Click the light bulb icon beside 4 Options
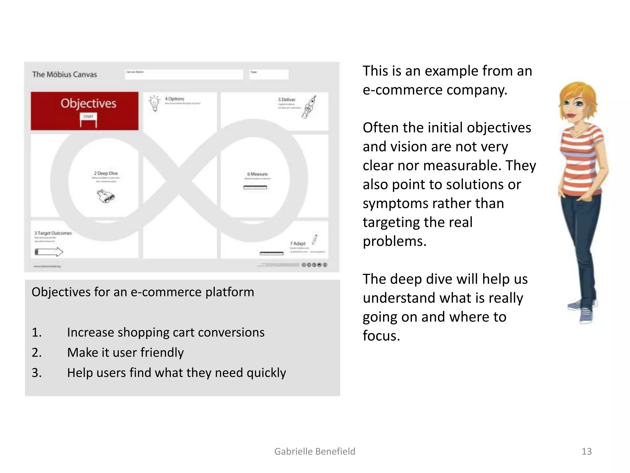click(x=154, y=103)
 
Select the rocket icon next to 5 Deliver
click(x=310, y=107)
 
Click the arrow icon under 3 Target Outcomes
click(x=49, y=252)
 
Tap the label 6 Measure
click(x=257, y=174)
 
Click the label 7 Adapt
click(x=298, y=243)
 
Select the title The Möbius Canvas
click(x=65, y=75)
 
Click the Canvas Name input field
click(x=184, y=74)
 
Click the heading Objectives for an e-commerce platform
click(x=143, y=292)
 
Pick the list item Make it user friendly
click(x=125, y=353)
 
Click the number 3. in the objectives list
click(x=37, y=373)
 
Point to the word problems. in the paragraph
click(x=394, y=241)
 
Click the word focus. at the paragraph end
click(x=381, y=336)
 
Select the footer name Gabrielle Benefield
click(x=315, y=451)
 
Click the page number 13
click(x=586, y=451)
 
